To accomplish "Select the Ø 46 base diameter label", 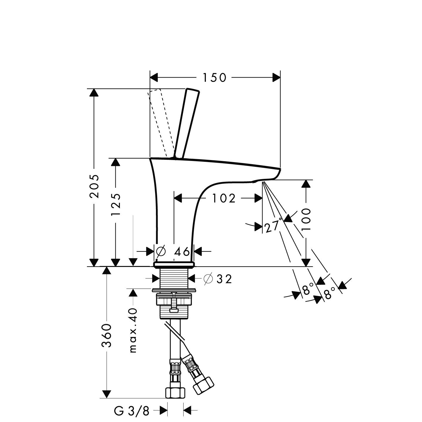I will coord(174,251).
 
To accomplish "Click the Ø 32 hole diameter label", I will coord(219,279).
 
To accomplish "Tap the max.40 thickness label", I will coord(133,330).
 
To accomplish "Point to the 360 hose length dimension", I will coord(107,335).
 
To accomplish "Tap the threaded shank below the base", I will coord(174,279).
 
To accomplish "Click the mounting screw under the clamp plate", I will coord(174,304).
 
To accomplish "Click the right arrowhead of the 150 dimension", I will coord(276,78).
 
